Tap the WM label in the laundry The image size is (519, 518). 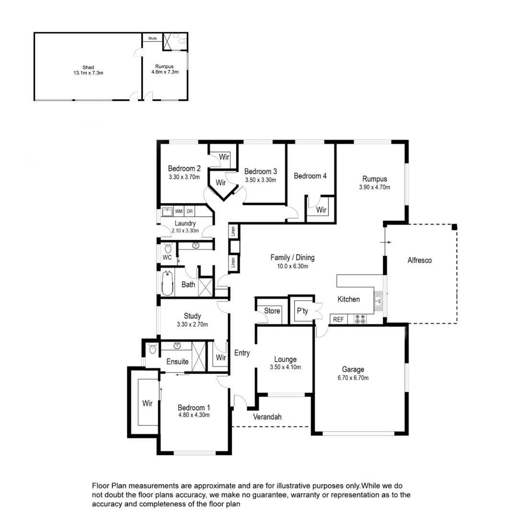[x=179, y=211]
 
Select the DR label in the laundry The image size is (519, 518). [x=190, y=211]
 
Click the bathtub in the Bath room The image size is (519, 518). [x=167, y=283]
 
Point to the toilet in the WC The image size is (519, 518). [x=168, y=248]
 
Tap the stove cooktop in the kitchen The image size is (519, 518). [x=360, y=319]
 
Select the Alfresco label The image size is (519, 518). [x=419, y=260]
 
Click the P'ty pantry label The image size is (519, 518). [x=302, y=311]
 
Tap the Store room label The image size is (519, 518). [x=272, y=311]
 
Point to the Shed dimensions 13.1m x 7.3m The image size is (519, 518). [x=88, y=73]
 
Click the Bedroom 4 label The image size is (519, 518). [x=310, y=176]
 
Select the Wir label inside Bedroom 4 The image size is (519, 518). [x=321, y=210]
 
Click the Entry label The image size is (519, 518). [x=242, y=353]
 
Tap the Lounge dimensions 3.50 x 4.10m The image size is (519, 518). [x=285, y=368]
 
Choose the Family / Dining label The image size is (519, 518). [x=292, y=258]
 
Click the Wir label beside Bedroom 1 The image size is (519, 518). [x=147, y=403]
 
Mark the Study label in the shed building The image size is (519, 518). [x=152, y=38]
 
